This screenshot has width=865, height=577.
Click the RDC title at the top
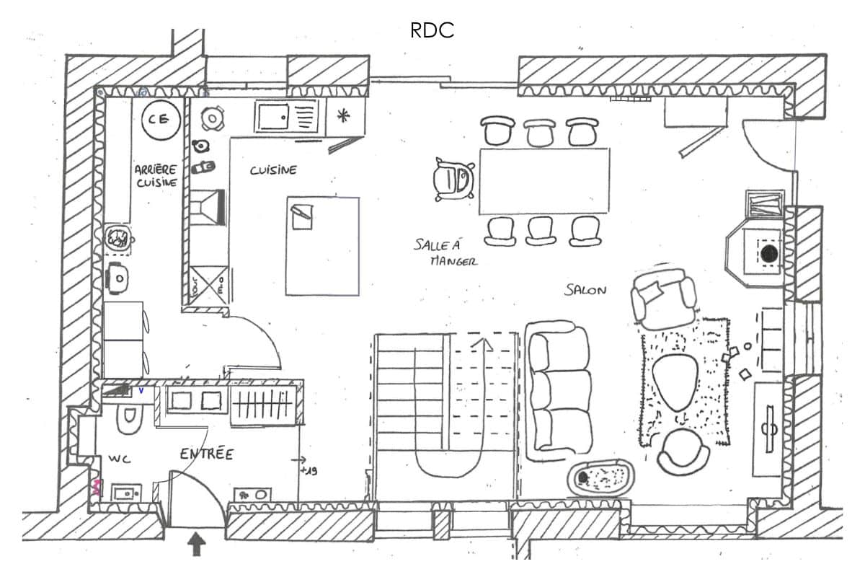pyautogui.click(x=432, y=30)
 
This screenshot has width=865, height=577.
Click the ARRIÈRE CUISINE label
pyautogui.click(x=156, y=175)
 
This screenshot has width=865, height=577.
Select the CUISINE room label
pyautogui.click(x=273, y=171)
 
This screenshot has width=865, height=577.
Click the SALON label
pyautogui.click(x=585, y=290)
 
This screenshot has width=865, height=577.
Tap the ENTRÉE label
pyautogui.click(x=206, y=454)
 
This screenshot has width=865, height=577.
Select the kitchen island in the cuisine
pyautogui.click(x=322, y=246)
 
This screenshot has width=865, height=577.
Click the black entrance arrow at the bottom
pyautogui.click(x=195, y=543)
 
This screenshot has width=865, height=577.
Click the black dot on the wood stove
pyautogui.click(x=769, y=254)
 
